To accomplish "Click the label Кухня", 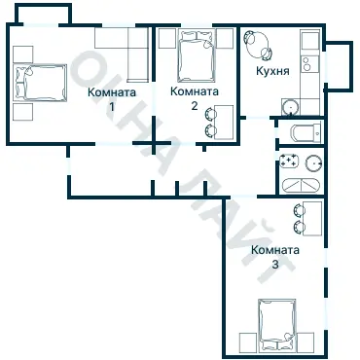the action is [272, 71].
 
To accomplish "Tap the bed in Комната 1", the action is [40, 83].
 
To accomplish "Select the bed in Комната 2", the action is [197, 55].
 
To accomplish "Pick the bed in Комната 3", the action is [277, 323].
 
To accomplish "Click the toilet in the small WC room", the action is [306, 132].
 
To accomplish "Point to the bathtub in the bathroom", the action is [301, 185].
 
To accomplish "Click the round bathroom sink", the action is [314, 162].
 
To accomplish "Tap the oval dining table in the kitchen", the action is [258, 45].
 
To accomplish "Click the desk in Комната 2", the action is [224, 122].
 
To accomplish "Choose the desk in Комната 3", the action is [312, 218].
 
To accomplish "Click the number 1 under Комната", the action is [112, 106].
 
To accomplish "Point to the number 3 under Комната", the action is [275, 265].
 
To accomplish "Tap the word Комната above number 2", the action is [195, 91].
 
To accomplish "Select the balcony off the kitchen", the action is [339, 65].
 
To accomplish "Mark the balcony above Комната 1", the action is [43, 15].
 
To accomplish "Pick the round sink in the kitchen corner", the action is [290, 107].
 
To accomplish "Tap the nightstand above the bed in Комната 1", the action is [23, 54].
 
